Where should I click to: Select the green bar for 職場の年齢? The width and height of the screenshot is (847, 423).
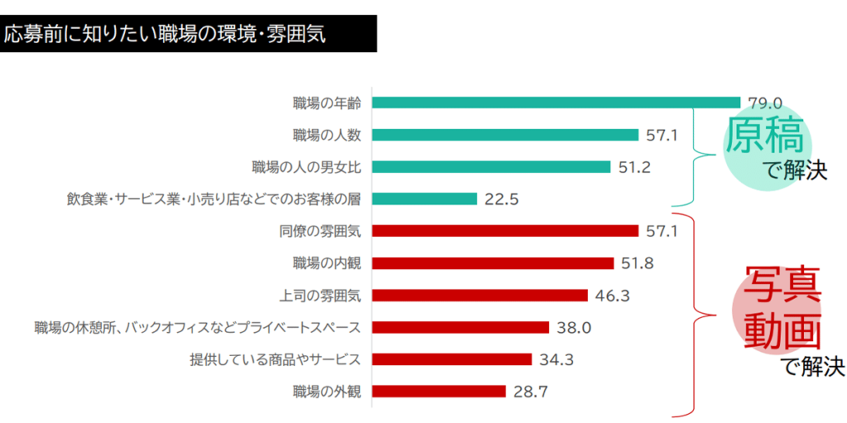(x=556, y=102)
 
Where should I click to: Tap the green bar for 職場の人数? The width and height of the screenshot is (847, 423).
(x=505, y=135)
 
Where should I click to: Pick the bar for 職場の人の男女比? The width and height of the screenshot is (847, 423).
(x=491, y=167)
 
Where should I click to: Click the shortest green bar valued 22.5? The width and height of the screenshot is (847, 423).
(x=425, y=199)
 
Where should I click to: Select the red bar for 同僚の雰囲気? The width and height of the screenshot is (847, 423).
(x=505, y=231)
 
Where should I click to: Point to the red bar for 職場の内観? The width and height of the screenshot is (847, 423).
(x=493, y=263)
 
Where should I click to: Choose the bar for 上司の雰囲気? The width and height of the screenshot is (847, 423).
(x=480, y=295)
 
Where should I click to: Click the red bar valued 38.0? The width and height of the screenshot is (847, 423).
(x=461, y=327)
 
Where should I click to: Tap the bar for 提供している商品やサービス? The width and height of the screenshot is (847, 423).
(x=452, y=359)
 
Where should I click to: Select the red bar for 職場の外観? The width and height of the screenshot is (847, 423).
(x=438, y=392)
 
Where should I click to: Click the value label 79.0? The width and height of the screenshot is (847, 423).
(x=765, y=103)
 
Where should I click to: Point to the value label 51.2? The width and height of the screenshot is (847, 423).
(x=634, y=167)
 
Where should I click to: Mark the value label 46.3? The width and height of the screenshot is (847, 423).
(x=612, y=295)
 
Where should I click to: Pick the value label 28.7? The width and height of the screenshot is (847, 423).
(x=530, y=392)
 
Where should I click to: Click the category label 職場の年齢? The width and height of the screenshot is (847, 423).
(x=327, y=103)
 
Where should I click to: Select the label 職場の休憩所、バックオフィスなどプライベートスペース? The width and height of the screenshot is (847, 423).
(x=198, y=327)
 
